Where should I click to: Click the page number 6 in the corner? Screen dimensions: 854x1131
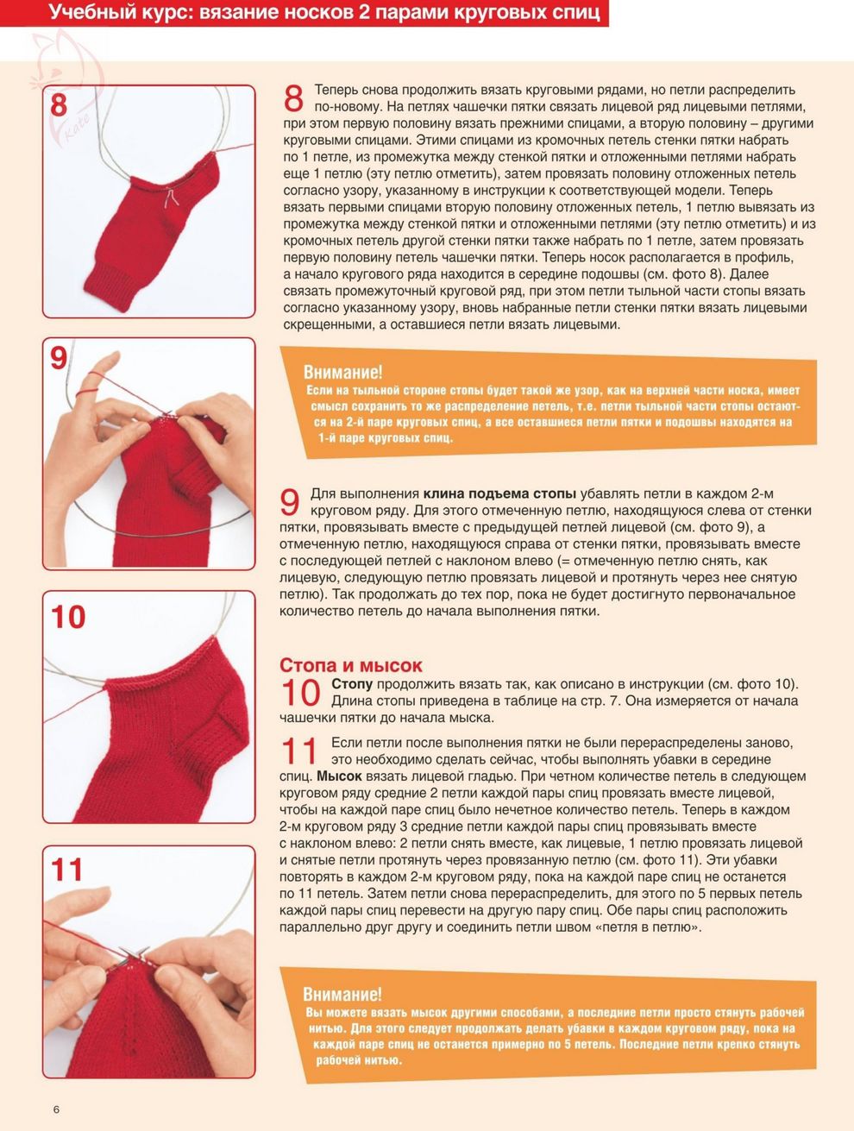click(x=56, y=1109)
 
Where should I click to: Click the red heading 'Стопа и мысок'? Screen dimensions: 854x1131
click(x=351, y=665)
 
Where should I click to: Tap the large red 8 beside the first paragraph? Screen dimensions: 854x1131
click(x=293, y=98)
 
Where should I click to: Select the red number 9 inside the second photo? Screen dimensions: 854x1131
click(x=59, y=358)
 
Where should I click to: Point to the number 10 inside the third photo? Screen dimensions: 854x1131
click(x=68, y=617)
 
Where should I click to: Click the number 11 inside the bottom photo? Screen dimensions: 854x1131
click(x=67, y=870)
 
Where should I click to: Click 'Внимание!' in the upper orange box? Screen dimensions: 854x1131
click(x=342, y=372)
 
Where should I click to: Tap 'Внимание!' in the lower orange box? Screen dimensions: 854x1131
click(x=342, y=994)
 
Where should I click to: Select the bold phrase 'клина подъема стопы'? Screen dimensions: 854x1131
click(x=499, y=493)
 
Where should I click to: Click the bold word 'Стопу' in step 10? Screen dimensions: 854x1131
click(x=352, y=684)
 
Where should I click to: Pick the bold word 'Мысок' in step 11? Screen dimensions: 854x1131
click(x=339, y=776)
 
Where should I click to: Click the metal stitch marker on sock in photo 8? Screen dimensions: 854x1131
click(x=171, y=198)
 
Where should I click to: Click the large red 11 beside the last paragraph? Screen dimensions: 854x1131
click(x=298, y=751)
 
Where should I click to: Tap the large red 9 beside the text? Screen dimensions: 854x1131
click(x=290, y=502)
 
